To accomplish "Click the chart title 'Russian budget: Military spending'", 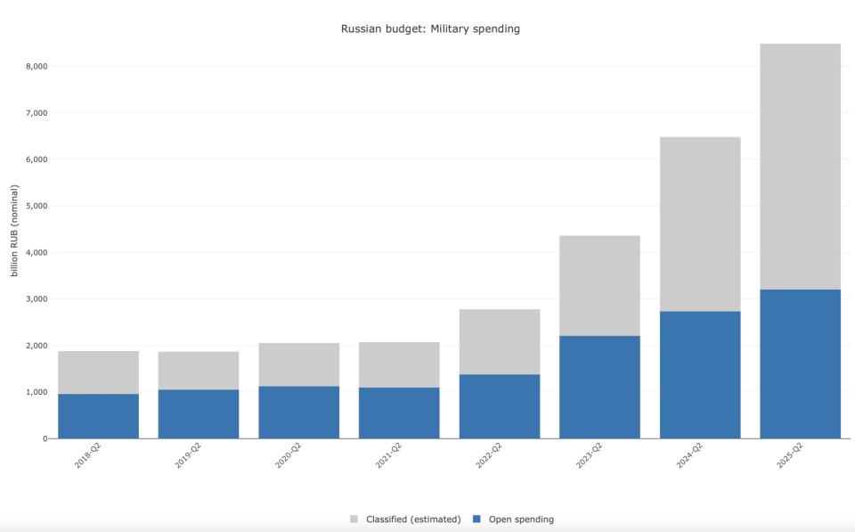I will [430, 29].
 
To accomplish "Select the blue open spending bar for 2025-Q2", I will [800, 364].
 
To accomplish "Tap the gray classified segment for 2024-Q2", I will [700, 224].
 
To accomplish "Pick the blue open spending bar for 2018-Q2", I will [99, 416].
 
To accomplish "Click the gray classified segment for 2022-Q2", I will [500, 341].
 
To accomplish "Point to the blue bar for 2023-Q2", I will [599, 387].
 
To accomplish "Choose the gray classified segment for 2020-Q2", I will [299, 364].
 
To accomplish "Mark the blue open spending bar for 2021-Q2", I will [399, 413].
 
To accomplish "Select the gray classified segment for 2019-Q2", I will [199, 370].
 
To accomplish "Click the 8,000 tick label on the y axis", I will [36, 66].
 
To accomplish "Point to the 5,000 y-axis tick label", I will [36, 206].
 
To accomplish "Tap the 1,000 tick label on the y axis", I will [36, 392].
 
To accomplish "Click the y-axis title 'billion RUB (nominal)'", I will [15, 230].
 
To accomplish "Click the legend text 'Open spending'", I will [521, 520].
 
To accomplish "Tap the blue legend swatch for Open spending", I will [476, 520].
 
